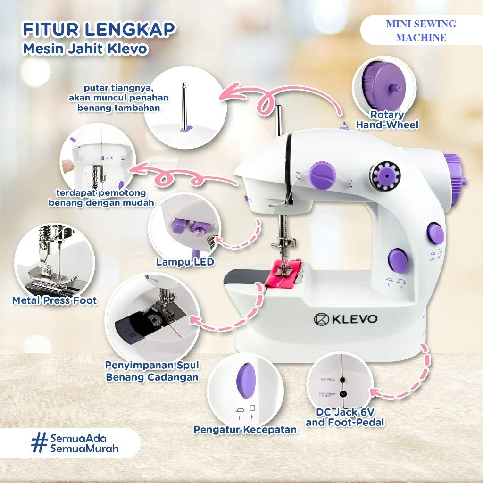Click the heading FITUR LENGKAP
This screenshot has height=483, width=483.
tap(99, 29)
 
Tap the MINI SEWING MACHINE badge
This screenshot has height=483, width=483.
tap(421, 31)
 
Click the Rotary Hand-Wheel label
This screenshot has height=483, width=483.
tap(387, 120)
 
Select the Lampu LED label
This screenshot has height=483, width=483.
tap(185, 262)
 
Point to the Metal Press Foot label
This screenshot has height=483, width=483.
tap(55, 300)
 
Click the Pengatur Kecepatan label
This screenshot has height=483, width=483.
tap(245, 429)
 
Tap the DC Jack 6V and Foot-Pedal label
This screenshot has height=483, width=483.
tap(345, 417)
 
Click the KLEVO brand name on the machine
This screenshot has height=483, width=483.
tap(346, 319)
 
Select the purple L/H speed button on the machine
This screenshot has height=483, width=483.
tap(398, 260)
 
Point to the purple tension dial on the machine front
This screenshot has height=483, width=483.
tap(323, 174)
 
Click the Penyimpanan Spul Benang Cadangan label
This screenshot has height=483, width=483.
tap(152, 371)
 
